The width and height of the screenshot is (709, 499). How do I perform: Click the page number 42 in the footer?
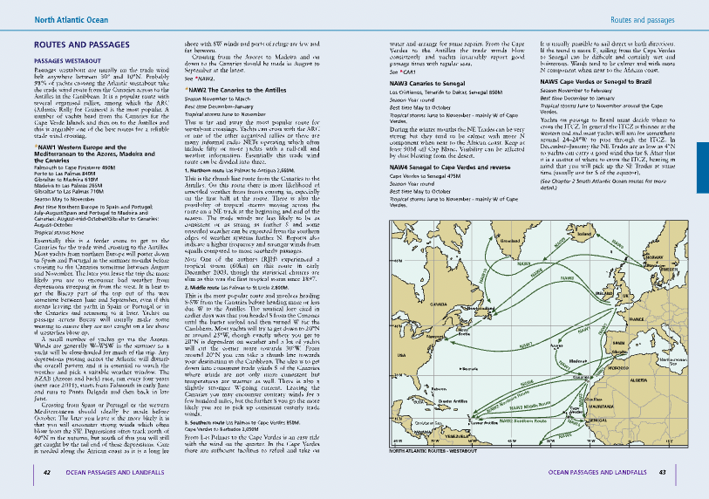point(46,473)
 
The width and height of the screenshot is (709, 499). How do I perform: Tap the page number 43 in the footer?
point(663,473)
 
